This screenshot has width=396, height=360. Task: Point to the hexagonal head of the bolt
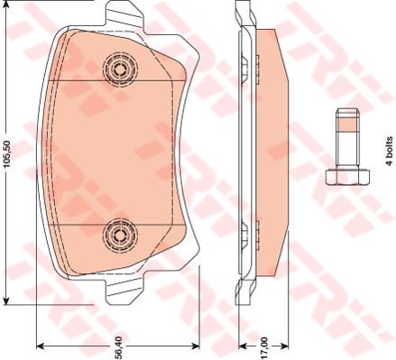pyautogui.click(x=344, y=175)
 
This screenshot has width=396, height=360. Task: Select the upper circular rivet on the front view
pyautogui.click(x=118, y=67)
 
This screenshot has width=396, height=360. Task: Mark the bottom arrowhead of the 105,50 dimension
pyautogui.click(x=8, y=298)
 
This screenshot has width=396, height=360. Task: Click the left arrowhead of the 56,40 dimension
pyautogui.click(x=41, y=344)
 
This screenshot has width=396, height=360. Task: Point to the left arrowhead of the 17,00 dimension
pyautogui.click(x=241, y=344)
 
